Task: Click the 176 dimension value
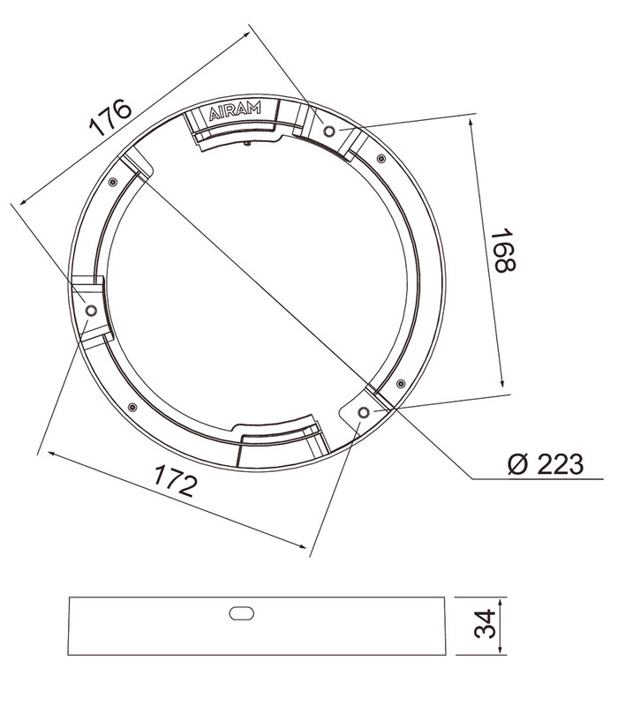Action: click(x=111, y=117)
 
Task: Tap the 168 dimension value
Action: click(x=502, y=251)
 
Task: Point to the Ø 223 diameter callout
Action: click(x=546, y=464)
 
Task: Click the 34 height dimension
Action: click(x=485, y=624)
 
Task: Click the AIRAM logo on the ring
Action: click(x=235, y=111)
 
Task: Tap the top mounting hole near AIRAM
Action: click(x=329, y=131)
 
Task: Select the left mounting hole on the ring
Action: click(x=91, y=311)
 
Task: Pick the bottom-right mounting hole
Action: click(x=364, y=412)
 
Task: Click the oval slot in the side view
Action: click(x=241, y=613)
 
